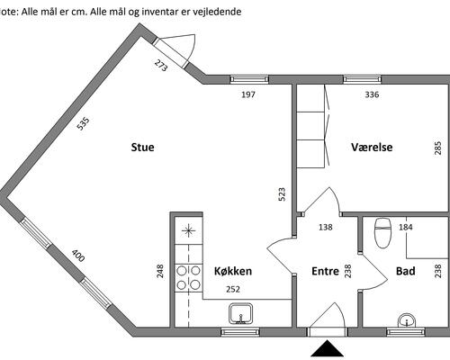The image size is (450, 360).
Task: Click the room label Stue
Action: click(x=142, y=148)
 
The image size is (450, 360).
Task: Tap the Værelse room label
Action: click(x=372, y=148)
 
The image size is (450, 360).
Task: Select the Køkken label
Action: click(x=233, y=271)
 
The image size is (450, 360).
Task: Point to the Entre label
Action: click(x=325, y=271)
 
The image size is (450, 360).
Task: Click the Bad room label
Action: click(x=406, y=271)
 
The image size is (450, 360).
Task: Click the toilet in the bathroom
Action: click(x=383, y=233)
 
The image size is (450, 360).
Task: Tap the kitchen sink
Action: click(x=240, y=314)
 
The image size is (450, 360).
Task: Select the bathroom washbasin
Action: click(x=407, y=320)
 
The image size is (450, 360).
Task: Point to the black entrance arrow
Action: click(x=327, y=348)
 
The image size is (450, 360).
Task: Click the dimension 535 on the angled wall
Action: click(x=83, y=124)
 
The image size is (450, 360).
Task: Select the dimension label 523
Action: click(x=282, y=194)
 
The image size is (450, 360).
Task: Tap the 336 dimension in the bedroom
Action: click(x=372, y=94)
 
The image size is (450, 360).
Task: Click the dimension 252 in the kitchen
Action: click(x=233, y=289)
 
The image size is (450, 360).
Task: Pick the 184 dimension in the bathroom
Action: click(x=406, y=228)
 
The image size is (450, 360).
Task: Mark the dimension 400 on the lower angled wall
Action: click(x=78, y=256)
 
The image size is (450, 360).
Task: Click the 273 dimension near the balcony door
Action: click(x=160, y=66)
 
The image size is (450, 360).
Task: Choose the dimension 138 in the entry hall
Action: click(x=326, y=227)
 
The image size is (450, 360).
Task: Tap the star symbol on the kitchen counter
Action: click(x=188, y=230)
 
